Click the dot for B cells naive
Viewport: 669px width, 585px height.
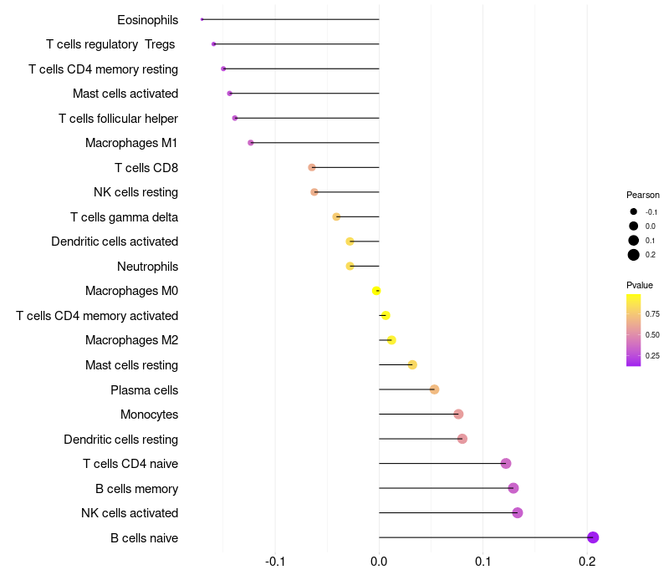[x=593, y=537]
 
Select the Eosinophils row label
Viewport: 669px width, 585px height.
[x=147, y=19]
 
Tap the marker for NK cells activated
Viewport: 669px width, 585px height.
[x=518, y=513]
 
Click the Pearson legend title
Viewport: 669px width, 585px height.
[x=643, y=195]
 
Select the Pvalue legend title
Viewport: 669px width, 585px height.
[x=640, y=285]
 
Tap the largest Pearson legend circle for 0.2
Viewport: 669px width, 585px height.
[x=634, y=255]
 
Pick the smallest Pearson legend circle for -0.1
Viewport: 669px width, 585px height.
[x=634, y=211]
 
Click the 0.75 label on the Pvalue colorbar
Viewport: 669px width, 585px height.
[x=652, y=314]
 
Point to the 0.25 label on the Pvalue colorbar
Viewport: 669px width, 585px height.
[x=652, y=356]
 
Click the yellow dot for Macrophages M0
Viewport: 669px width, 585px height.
[x=376, y=291]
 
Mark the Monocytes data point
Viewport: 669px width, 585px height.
[x=458, y=415]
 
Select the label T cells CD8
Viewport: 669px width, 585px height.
[x=146, y=168]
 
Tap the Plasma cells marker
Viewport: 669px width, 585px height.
[x=434, y=389]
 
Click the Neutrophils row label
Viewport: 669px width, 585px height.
[x=147, y=267]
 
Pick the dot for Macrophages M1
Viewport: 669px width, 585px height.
[x=251, y=143]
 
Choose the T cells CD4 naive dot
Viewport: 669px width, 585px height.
[x=506, y=464]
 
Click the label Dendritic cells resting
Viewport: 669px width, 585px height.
[x=120, y=440]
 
